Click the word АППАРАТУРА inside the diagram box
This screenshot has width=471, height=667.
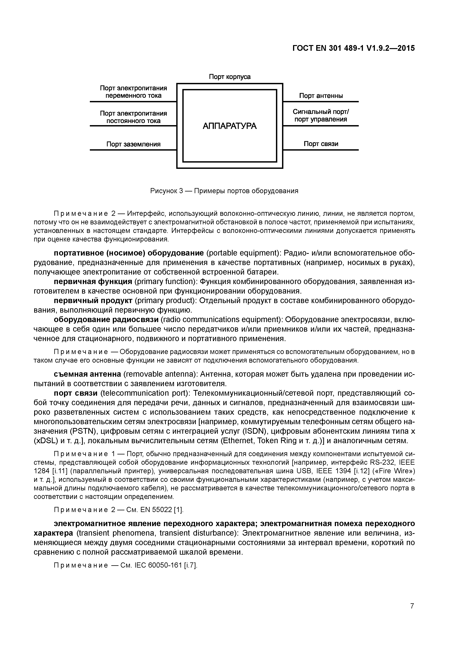tap(230, 126)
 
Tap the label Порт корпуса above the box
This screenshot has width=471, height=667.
tap(230, 77)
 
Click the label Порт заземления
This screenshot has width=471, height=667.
tap(133, 144)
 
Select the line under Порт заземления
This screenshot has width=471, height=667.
tap(133, 150)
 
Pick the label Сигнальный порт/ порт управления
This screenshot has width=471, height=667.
tap(321, 116)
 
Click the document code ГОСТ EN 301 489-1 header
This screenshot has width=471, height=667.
tap(353, 48)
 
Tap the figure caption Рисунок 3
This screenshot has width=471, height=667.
tap(224, 191)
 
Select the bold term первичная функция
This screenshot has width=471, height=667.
tap(93, 282)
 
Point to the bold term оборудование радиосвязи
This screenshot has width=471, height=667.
tap(106, 320)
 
